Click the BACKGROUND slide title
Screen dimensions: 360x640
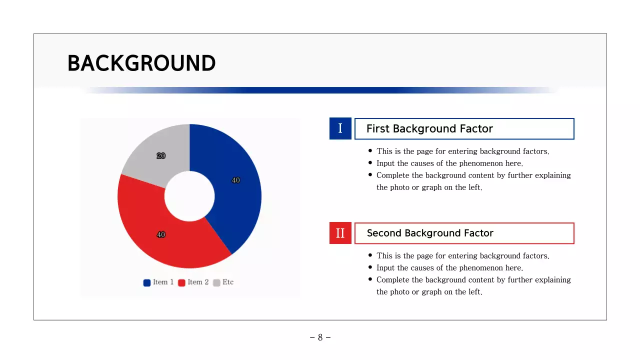pyautogui.click(x=141, y=63)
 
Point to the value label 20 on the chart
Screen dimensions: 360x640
pyautogui.click(x=161, y=155)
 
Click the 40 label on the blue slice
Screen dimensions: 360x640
pyautogui.click(x=235, y=180)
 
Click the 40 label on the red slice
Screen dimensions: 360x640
pyautogui.click(x=161, y=234)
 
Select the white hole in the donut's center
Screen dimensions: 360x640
pyautogui.click(x=189, y=196)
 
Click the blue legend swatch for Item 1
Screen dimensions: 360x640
pyautogui.click(x=147, y=282)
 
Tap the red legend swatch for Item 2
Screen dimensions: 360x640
pyautogui.click(x=181, y=282)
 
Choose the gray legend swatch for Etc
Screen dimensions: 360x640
pyautogui.click(x=216, y=282)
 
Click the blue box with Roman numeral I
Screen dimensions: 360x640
pyautogui.click(x=340, y=128)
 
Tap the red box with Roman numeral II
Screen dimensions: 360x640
pyautogui.click(x=340, y=233)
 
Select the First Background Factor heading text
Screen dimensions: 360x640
pyautogui.click(x=429, y=129)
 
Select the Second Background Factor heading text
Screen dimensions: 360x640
pyautogui.click(x=430, y=233)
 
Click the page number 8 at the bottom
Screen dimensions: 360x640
pyautogui.click(x=320, y=337)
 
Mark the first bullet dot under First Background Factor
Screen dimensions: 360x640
pyautogui.click(x=370, y=150)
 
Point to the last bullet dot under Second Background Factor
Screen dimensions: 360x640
pyautogui.click(x=370, y=279)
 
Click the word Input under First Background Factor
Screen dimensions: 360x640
pyautogui.click(x=385, y=163)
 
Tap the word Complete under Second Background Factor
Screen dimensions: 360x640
pyautogui.click(x=392, y=280)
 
